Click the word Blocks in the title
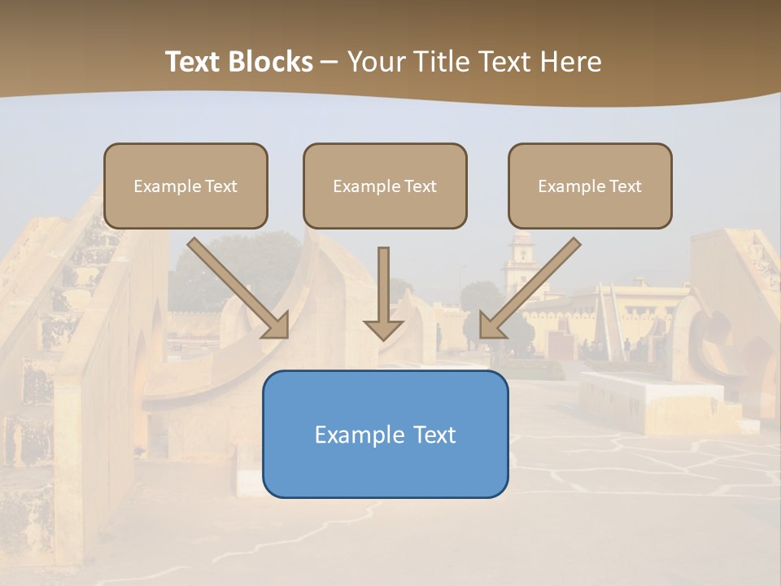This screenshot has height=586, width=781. [271, 62]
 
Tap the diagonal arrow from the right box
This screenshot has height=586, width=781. [530, 287]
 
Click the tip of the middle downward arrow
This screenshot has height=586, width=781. [383, 337]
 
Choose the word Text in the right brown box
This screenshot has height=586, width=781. [625, 186]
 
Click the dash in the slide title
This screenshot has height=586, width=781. [329, 62]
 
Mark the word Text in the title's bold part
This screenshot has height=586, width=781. [194, 62]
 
